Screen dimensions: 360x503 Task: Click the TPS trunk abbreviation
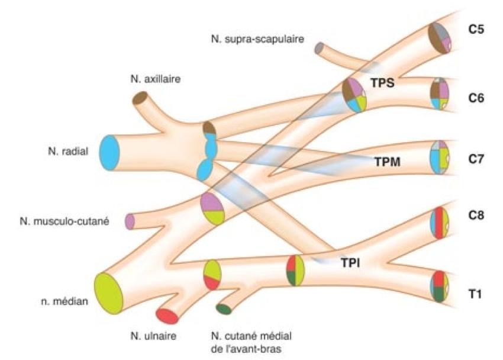pyautogui.click(x=382, y=83)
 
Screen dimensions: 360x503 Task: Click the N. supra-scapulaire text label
pyautogui.click(x=257, y=39)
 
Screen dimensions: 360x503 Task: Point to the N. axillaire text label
pyautogui.click(x=155, y=78)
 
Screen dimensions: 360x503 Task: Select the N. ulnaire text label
pyautogui.click(x=154, y=336)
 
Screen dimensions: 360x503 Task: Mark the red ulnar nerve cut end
pyautogui.click(x=167, y=316)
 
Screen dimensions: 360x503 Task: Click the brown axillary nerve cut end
pyautogui.click(x=141, y=97)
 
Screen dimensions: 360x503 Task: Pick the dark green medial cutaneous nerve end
pyautogui.click(x=223, y=308)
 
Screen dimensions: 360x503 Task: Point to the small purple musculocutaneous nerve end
pyautogui.click(x=130, y=221)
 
